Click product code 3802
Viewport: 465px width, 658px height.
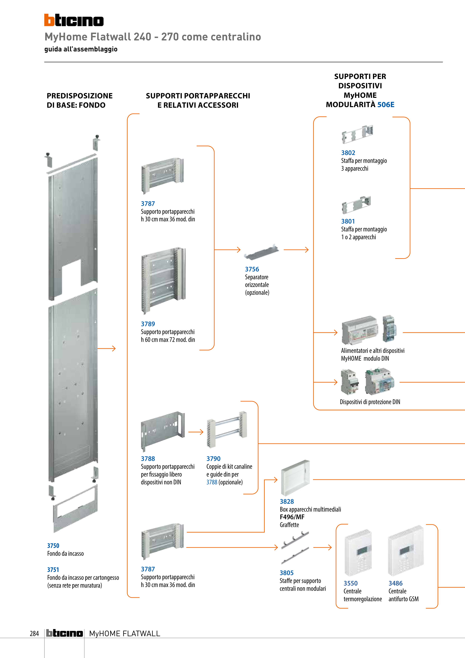coord(348,153)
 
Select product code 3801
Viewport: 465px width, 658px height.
coord(348,221)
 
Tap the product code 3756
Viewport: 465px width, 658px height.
coord(252,269)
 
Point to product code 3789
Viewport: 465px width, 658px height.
coord(148,324)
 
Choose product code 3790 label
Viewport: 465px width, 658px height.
coord(213,458)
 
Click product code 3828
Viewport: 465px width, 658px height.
coord(287,502)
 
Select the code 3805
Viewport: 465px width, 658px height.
coord(287,573)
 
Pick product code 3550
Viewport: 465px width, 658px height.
coord(351,583)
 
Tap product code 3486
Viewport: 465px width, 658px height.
coord(395,583)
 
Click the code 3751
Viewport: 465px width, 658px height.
coord(53,570)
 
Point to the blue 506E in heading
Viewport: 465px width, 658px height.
coord(386,105)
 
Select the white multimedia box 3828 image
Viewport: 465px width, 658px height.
coord(295,477)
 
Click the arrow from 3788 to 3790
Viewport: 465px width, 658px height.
coord(196,432)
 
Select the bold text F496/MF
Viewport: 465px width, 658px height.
coord(292,517)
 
